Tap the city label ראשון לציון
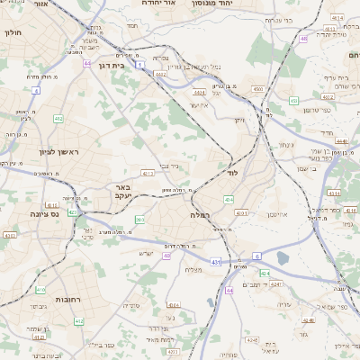(x=59, y=152)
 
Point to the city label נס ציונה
(x=43, y=213)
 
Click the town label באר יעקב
(x=122, y=192)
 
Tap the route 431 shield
(x=215, y=261)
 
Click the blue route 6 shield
(x=256, y=256)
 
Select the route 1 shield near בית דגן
(x=140, y=65)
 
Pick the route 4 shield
(x=36, y=91)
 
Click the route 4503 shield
(x=257, y=89)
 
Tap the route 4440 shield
(x=342, y=155)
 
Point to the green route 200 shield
(x=139, y=220)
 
